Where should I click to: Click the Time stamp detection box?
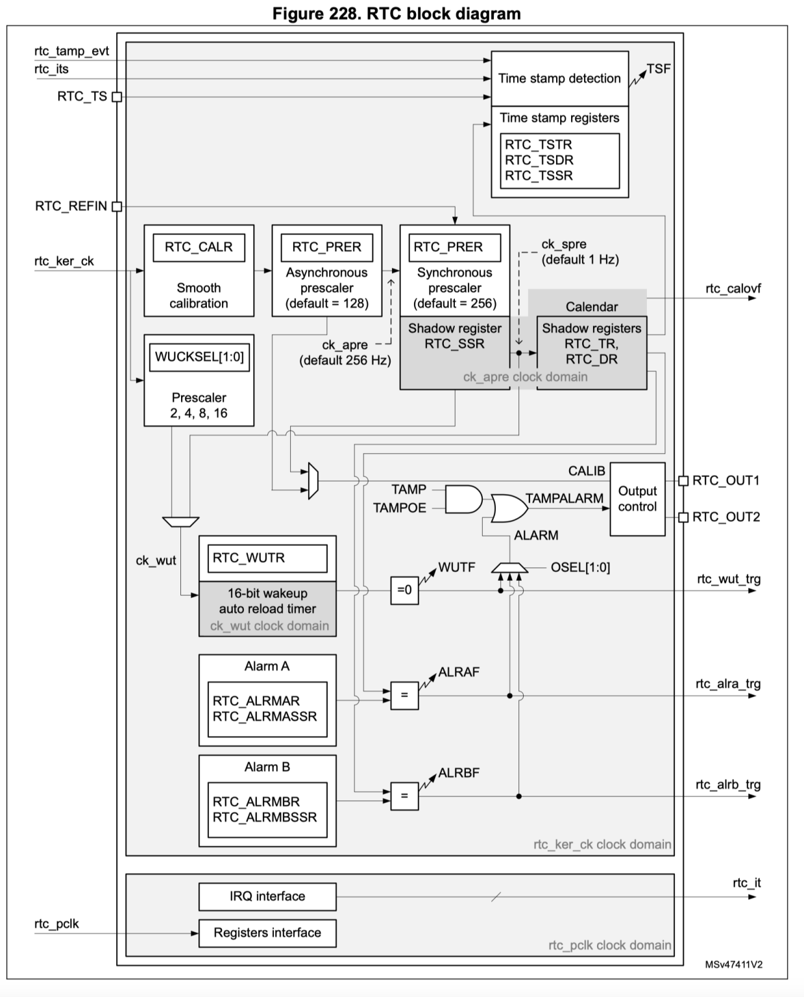(559, 79)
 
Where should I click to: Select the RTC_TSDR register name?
(539, 160)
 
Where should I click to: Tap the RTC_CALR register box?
(199, 247)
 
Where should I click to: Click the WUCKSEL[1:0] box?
(199, 356)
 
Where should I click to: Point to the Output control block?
(637, 498)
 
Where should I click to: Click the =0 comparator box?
(404, 590)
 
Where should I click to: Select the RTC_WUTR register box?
(267, 558)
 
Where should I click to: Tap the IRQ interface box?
(267, 896)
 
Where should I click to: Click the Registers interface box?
(267, 933)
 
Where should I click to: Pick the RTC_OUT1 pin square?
(683, 481)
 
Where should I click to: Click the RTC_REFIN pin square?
(117, 206)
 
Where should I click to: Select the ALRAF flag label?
(459, 672)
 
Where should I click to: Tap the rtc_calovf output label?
(733, 289)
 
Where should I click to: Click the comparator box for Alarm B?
(404, 796)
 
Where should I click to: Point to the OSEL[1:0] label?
(580, 567)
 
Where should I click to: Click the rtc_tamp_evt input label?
(71, 51)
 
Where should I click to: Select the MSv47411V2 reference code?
(733, 965)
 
